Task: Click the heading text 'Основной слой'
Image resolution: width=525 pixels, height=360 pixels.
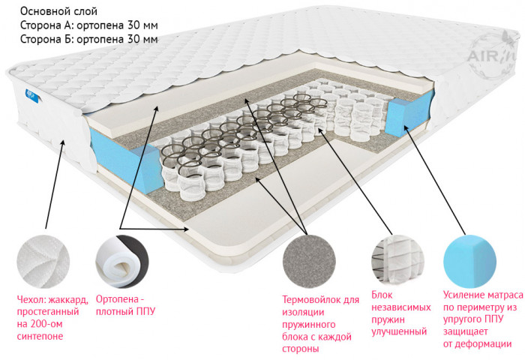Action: pyautogui.click(x=59, y=11)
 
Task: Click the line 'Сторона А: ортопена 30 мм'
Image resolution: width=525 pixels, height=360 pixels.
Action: pyautogui.click(x=89, y=25)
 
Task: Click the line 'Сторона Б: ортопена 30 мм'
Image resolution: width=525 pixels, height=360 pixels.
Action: pyautogui.click(x=89, y=39)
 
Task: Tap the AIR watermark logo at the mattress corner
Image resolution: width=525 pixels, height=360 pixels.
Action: pyautogui.click(x=490, y=55)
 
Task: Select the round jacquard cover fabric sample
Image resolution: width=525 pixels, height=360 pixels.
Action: pyautogui.click(x=43, y=261)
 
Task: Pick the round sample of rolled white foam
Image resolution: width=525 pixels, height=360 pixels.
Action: pyautogui.click(x=121, y=261)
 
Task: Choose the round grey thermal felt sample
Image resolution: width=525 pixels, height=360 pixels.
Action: pyautogui.click(x=309, y=261)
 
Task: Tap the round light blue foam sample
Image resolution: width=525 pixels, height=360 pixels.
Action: pyautogui.click(x=469, y=261)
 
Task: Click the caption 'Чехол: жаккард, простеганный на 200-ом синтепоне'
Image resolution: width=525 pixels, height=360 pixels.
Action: pyautogui.click(x=52, y=317)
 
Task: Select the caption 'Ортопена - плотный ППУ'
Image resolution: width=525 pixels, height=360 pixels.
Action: pyautogui.click(x=125, y=305)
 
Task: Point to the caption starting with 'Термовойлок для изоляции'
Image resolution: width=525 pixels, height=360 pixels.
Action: pyautogui.click(x=320, y=324)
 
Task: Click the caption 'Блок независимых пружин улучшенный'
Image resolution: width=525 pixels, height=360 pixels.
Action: pyautogui.click(x=401, y=313)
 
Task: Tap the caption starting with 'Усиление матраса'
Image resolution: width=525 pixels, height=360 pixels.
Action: pyautogui.click(x=483, y=319)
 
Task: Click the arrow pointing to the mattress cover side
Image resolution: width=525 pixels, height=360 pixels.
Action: pyautogui.click(x=54, y=184)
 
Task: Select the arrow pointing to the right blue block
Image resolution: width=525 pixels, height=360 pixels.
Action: pyautogui.click(x=434, y=179)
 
